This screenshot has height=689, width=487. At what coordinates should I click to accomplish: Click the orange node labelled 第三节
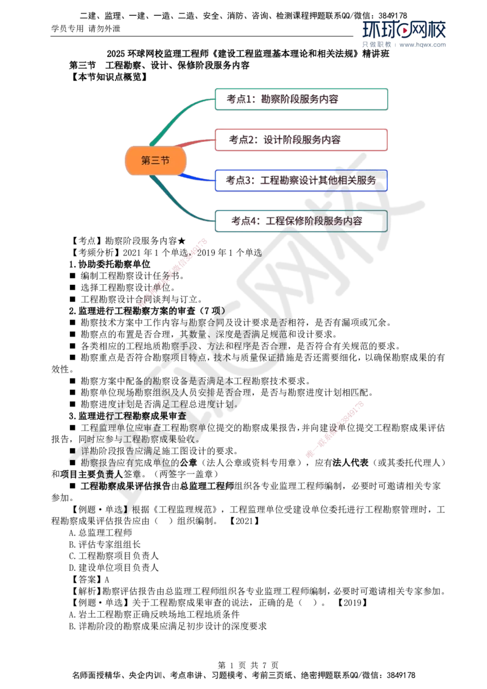click(x=155, y=161)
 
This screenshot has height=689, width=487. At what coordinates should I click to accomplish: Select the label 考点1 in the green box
click(x=239, y=99)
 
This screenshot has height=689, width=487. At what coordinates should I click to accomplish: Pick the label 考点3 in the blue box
click(x=239, y=181)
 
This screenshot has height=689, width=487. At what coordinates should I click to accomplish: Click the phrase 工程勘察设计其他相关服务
click(x=318, y=181)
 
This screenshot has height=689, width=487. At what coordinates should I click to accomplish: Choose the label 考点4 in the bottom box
click(x=243, y=222)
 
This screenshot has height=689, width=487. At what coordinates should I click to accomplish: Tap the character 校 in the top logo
click(x=437, y=30)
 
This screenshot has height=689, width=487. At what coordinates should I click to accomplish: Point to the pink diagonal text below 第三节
click(x=173, y=273)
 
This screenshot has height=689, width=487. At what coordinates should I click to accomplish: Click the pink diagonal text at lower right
click(x=334, y=428)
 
